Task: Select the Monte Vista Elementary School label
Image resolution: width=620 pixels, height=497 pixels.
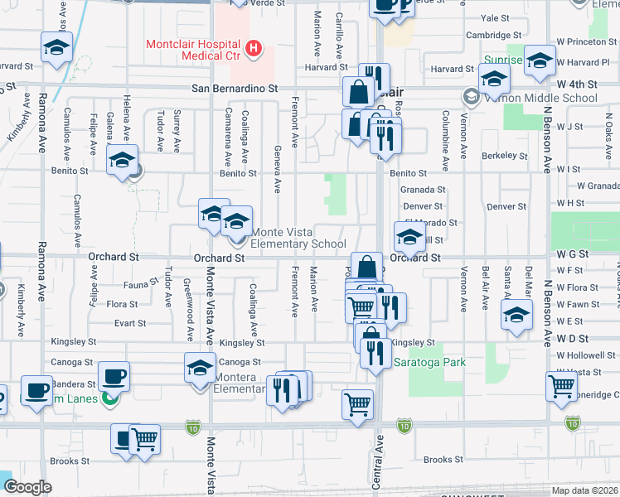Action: click(298, 238)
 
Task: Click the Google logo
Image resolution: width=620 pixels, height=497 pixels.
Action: click(27, 487)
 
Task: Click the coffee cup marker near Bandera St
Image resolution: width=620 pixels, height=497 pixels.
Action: click(114, 377)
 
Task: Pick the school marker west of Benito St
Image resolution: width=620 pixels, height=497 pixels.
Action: click(122, 160)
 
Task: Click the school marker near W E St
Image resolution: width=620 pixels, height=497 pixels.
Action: click(517, 316)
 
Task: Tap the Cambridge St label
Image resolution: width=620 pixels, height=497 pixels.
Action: click(493, 36)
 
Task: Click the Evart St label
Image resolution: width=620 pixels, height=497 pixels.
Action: click(130, 323)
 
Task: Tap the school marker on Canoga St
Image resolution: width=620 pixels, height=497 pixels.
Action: click(199, 368)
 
